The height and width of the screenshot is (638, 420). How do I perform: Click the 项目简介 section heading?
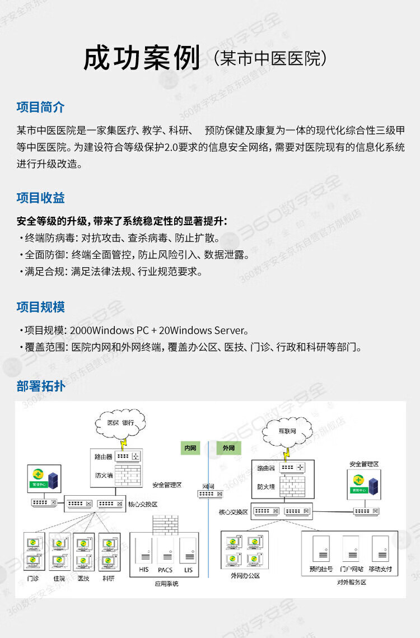[x=40, y=107]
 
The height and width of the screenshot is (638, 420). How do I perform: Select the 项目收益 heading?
[x=40, y=198]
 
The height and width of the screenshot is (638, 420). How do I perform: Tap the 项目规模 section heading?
[x=40, y=307]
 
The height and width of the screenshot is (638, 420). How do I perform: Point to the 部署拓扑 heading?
[x=40, y=386]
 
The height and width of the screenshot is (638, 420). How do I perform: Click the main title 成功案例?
[x=142, y=58]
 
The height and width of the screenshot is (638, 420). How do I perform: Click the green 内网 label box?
[x=190, y=448]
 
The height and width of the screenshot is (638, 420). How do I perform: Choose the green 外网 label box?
[x=228, y=448]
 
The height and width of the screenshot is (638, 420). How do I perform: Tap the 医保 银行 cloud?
[x=120, y=422]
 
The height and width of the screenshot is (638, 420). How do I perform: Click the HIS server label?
[x=143, y=570]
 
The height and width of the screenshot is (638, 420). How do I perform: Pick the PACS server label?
[x=165, y=570]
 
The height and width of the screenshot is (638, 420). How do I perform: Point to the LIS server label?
[x=188, y=570]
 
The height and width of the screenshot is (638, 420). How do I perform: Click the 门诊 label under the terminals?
[x=33, y=578]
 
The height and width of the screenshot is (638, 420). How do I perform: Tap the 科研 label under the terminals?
[x=108, y=578]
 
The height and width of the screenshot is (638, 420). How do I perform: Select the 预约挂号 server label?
[x=321, y=569]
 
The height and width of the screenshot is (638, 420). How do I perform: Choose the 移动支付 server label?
[x=381, y=569]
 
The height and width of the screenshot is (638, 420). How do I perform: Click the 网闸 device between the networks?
[x=210, y=493]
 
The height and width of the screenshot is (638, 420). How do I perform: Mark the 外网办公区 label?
[x=245, y=575]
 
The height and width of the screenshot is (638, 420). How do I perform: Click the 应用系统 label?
[x=166, y=584]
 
